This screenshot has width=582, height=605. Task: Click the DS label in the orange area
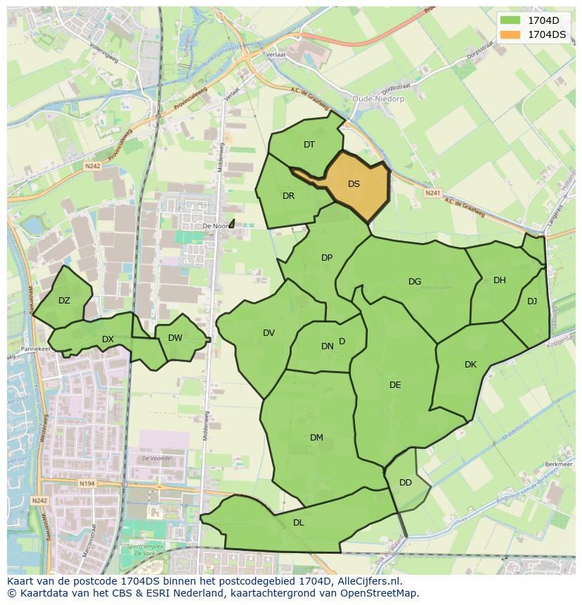[354, 184]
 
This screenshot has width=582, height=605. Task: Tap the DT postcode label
[309, 145]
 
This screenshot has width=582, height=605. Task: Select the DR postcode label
[288, 196]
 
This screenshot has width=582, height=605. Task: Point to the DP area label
[327, 258]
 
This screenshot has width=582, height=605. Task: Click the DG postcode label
[415, 282]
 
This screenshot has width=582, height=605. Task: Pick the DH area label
[499, 280]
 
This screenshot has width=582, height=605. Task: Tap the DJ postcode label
[532, 301]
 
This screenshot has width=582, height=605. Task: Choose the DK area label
[470, 365]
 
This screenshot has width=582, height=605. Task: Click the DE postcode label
[395, 385]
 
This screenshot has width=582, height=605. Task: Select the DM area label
[316, 438]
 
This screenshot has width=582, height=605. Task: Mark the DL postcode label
[299, 523]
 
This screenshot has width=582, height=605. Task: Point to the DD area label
[406, 483]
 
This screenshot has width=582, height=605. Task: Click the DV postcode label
[269, 333]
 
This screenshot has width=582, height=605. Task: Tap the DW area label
[175, 338]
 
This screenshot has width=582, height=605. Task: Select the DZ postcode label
[64, 301]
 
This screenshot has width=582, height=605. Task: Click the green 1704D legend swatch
[511, 20]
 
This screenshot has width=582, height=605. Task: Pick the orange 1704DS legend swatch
[511, 34]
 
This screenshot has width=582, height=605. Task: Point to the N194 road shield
[87, 484]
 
